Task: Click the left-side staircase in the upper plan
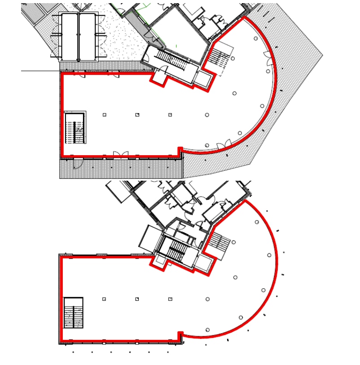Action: click(x=75, y=128)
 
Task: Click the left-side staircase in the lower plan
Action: click(x=73, y=313)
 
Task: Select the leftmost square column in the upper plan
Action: click(x=104, y=115)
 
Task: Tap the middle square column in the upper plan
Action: click(x=137, y=115)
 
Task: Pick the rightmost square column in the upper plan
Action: click(x=170, y=115)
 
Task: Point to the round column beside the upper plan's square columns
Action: click(x=207, y=115)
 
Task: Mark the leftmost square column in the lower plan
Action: click(x=104, y=299)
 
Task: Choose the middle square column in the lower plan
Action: click(x=137, y=299)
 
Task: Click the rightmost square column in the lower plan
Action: click(x=170, y=299)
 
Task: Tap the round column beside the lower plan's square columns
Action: click(x=207, y=299)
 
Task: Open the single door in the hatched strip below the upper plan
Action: click(x=78, y=164)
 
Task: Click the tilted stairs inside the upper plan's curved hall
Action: click(x=221, y=57)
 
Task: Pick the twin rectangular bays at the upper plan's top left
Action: click(x=78, y=36)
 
